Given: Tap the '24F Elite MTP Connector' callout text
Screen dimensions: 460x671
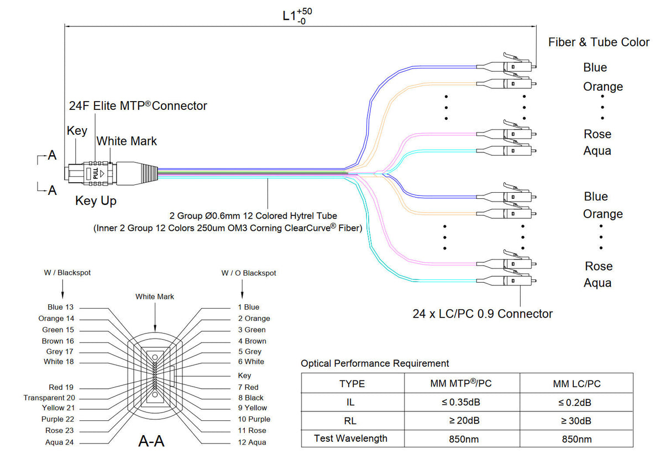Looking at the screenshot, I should click(x=138, y=105).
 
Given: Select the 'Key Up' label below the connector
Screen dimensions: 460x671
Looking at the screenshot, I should click(x=96, y=201).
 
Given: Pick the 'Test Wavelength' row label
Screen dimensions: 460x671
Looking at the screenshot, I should click(x=350, y=438).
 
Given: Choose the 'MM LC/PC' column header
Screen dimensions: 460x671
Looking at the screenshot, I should click(x=576, y=384).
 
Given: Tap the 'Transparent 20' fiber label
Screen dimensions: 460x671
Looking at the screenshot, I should click(x=49, y=398).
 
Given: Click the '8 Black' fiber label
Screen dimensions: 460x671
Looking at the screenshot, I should click(x=251, y=398).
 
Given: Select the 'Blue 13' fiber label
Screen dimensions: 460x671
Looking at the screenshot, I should click(x=60, y=307).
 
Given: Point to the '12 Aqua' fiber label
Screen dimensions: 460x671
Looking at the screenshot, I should click(x=252, y=442).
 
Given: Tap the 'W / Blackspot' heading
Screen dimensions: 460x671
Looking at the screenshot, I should click(x=67, y=273).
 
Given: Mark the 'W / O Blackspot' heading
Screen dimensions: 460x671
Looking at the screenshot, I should click(x=249, y=273).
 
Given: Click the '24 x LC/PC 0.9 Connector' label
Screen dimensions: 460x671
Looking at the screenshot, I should click(x=483, y=314).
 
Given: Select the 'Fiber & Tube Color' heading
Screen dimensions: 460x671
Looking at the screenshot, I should click(x=599, y=42).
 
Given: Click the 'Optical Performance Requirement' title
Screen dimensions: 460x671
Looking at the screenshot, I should click(x=375, y=363).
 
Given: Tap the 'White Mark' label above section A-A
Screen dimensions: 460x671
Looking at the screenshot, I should click(x=155, y=297).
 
